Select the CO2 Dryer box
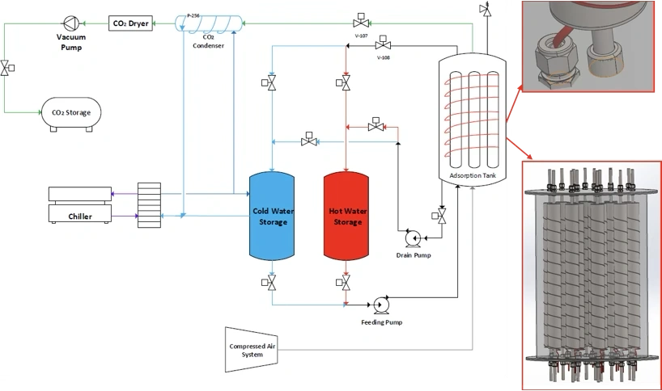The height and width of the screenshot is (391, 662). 130,23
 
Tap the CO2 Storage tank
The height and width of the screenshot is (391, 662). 71,112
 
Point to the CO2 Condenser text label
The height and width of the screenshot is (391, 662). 208,41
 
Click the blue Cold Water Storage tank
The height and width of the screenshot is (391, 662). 271,217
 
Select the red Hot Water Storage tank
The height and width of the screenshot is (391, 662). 346,217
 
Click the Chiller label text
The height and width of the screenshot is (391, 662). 79,217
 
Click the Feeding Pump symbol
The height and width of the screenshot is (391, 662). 380,305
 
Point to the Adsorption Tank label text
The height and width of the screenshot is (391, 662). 471,175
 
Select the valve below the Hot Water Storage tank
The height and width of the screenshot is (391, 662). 346,282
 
